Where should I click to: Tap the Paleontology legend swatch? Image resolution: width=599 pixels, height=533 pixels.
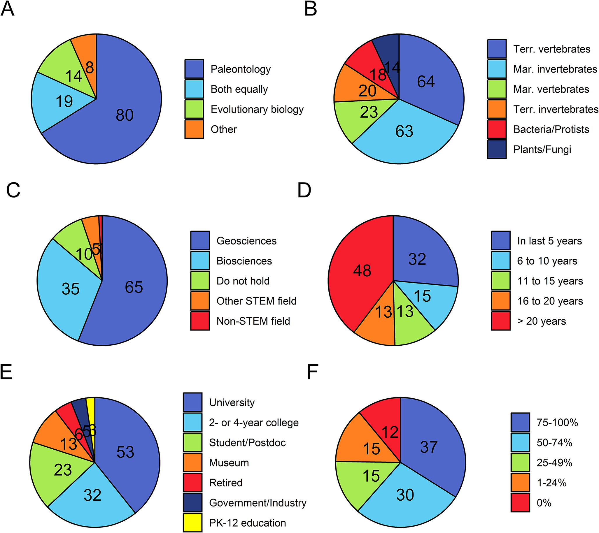pyautogui.click(x=194, y=69)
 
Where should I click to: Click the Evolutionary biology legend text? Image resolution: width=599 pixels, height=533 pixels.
pyautogui.click(x=257, y=109)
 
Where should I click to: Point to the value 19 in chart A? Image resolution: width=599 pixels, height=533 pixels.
pyautogui.click(x=64, y=101)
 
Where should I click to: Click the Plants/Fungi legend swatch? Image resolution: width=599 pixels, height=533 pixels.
pyautogui.click(x=497, y=149)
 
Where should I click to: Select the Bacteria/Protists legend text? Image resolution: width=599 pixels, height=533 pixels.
pyautogui.click(x=551, y=129)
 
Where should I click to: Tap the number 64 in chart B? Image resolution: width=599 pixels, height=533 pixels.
pyautogui.click(x=426, y=81)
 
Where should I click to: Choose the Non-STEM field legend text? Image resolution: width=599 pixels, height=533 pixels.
pyautogui.click(x=253, y=321)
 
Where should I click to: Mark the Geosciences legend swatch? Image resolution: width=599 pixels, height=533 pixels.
pyautogui.click(x=200, y=241)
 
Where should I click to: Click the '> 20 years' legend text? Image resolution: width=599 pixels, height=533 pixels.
pyautogui.click(x=542, y=321)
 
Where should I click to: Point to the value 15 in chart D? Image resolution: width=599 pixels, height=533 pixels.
pyautogui.click(x=422, y=296)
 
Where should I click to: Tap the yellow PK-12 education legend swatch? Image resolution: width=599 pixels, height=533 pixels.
pyautogui.click(x=192, y=523)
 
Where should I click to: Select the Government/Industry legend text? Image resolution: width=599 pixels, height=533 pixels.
pyautogui.click(x=258, y=503)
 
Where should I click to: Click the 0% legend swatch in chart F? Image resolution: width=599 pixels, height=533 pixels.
pyautogui.click(x=520, y=503)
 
